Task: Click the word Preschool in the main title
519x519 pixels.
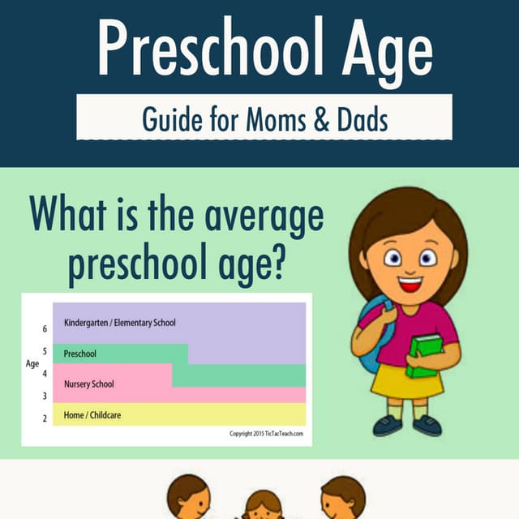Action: pos(210,47)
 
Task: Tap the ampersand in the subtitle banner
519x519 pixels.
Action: pos(321,119)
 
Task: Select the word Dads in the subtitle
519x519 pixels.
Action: pos(362,119)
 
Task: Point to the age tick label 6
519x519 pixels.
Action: pos(45,328)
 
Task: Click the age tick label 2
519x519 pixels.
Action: pos(45,418)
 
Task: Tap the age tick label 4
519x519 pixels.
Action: pos(45,373)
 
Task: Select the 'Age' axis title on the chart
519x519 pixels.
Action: pos(32,364)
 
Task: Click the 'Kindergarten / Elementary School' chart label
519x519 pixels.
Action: pos(120,323)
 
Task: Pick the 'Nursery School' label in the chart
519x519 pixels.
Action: pos(89,384)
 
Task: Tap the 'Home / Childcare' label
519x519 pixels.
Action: pos(92,415)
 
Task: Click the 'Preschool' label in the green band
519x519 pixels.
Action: pos(80,354)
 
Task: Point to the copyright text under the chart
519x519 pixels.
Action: pos(267,433)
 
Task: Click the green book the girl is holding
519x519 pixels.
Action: pos(425,356)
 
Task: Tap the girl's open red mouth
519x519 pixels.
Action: pos(410,285)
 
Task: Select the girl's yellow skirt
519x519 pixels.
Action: pos(407,380)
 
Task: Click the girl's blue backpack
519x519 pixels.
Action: pos(372,334)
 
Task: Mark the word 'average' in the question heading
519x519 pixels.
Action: pos(264,217)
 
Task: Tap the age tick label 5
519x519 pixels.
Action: pos(45,351)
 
